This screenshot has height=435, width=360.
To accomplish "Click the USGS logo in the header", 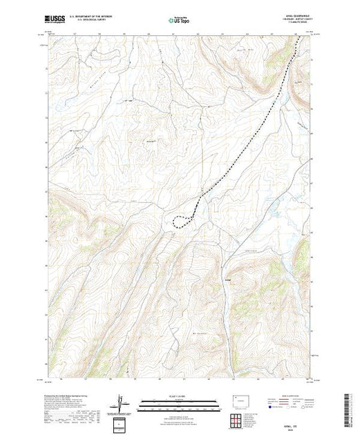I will click(x=57, y=19).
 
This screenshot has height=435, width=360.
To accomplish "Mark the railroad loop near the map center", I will click(x=181, y=220).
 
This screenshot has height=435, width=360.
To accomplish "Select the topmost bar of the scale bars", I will click(x=177, y=400).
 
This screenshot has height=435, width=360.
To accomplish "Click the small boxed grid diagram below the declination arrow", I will click(x=122, y=422).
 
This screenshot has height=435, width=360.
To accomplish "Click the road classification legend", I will click(x=289, y=403).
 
